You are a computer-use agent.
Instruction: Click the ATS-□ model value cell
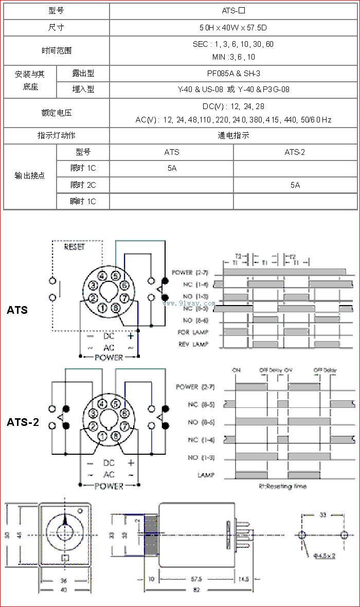(x=233, y=10)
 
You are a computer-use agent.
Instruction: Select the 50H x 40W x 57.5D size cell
(x=233, y=27)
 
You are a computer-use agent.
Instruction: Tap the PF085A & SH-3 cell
(x=233, y=74)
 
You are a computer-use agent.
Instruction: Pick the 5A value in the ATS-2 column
(x=295, y=185)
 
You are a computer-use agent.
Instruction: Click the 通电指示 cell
(x=233, y=136)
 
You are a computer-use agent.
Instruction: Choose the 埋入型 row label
(x=83, y=90)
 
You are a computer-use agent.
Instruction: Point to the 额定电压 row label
(x=57, y=113)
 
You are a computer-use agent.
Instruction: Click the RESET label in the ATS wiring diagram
(x=75, y=247)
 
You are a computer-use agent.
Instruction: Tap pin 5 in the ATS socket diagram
(x=116, y=275)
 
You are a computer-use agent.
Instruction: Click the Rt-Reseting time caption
(x=282, y=486)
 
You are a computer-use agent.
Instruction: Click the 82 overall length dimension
(x=196, y=590)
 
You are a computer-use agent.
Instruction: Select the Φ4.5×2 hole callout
(x=325, y=556)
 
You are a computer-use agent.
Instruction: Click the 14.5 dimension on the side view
(x=244, y=579)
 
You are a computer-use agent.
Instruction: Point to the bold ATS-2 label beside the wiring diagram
(x=23, y=423)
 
